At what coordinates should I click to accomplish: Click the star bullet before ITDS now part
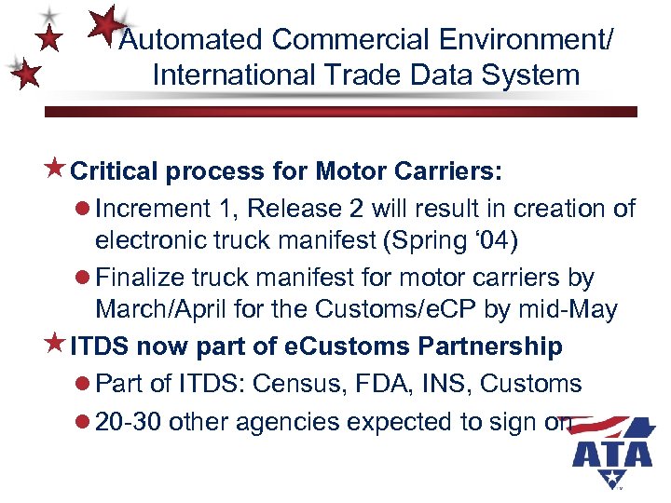pyautogui.click(x=55, y=345)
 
